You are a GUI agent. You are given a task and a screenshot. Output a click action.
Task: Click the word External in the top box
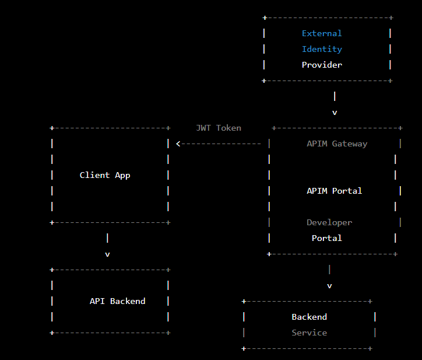click(322, 34)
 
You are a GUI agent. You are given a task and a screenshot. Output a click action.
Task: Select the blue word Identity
click(322, 50)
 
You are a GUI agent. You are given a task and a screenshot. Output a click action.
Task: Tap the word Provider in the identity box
click(322, 65)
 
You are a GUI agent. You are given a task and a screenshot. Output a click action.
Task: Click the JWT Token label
click(219, 128)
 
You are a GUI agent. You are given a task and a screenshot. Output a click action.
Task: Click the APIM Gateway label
click(337, 144)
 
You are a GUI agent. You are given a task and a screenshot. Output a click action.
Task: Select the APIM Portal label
click(335, 191)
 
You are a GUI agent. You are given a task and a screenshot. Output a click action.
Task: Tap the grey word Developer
click(329, 222)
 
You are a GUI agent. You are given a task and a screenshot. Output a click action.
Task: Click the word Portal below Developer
click(327, 238)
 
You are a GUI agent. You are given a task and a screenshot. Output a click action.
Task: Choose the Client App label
click(105, 175)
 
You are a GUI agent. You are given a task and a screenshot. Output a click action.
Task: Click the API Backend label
click(117, 301)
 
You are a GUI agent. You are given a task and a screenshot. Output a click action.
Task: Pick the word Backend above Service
click(309, 317)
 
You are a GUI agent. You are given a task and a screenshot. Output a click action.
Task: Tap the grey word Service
click(309, 333)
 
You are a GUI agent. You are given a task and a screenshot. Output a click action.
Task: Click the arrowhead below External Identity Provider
click(335, 113)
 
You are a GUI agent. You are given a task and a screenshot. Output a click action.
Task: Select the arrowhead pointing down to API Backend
click(107, 254)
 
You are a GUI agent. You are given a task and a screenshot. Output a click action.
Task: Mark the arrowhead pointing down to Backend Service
click(329, 286)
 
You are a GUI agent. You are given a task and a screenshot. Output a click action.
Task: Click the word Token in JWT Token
click(228, 128)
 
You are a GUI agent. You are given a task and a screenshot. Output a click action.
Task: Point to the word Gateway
click(350, 144)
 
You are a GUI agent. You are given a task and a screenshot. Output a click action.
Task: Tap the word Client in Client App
click(94, 175)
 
